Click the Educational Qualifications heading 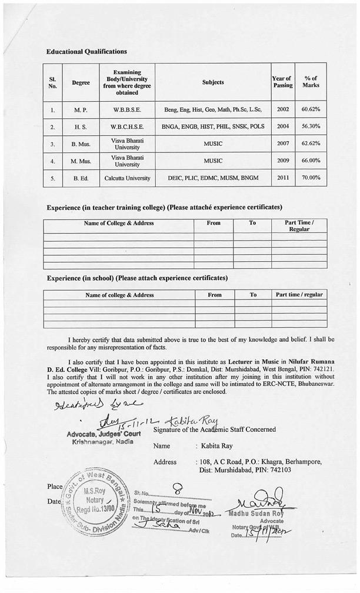[x=86, y=52]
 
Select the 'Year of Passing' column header [x=282, y=82]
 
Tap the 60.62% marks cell [x=310, y=109]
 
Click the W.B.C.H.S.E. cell [x=126, y=126]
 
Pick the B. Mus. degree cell [x=81, y=144]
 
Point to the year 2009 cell [x=282, y=160]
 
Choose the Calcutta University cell [x=126, y=178]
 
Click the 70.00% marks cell [x=310, y=177]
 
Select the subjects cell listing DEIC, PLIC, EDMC [x=212, y=178]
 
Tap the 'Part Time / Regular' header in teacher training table [x=299, y=226]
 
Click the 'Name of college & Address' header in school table [x=119, y=295]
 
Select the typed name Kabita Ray [x=215, y=446]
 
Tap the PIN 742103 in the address [x=280, y=470]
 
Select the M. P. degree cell [x=81, y=109]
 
